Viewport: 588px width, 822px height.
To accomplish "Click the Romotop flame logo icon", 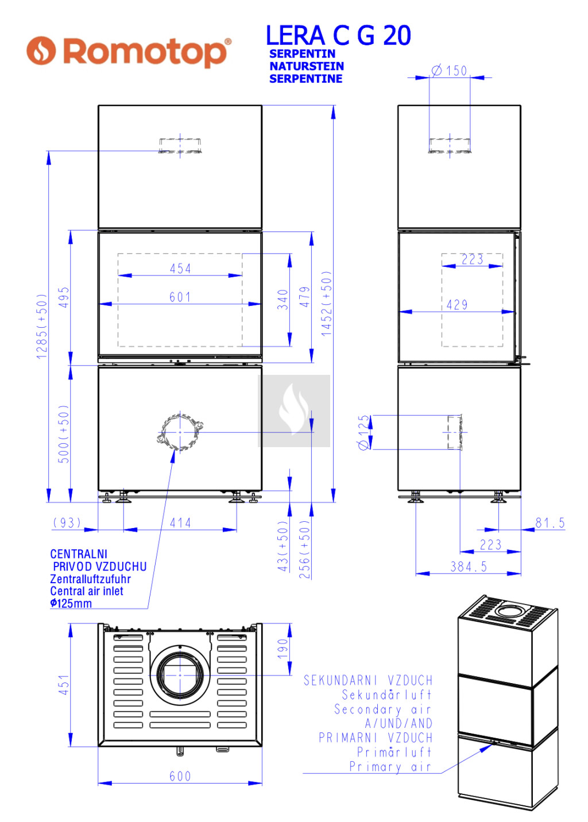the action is pos(41,51).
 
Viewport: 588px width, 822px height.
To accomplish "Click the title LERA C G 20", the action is pos(338,36).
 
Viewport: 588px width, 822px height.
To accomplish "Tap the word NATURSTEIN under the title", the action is pos(307,66).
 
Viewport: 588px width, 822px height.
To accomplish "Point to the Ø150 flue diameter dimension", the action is pos(449,70).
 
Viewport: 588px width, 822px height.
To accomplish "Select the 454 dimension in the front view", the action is pos(180,269).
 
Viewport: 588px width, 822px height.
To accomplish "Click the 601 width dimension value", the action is pos(180,297).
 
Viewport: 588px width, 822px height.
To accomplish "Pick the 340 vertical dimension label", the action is pos(283,300).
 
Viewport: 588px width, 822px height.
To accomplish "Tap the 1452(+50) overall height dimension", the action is pos(326,304).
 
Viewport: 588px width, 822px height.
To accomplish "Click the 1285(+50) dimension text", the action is pos(42,326).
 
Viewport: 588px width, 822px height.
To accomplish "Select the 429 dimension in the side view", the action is pos(457,305).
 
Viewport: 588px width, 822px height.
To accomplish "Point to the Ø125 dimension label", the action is pos(363,432).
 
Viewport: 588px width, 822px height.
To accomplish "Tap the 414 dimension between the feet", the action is pos(180,523).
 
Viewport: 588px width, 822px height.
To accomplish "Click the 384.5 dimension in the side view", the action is pos(469,567).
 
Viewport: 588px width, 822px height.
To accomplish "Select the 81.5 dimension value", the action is pos(550,523).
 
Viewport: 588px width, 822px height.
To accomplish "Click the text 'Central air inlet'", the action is pos(87,591).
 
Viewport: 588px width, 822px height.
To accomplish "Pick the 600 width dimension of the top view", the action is pos(180,776).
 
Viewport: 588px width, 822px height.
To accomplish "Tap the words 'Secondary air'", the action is pos(383,709).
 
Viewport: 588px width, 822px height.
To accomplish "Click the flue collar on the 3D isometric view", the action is pos(511,610).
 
